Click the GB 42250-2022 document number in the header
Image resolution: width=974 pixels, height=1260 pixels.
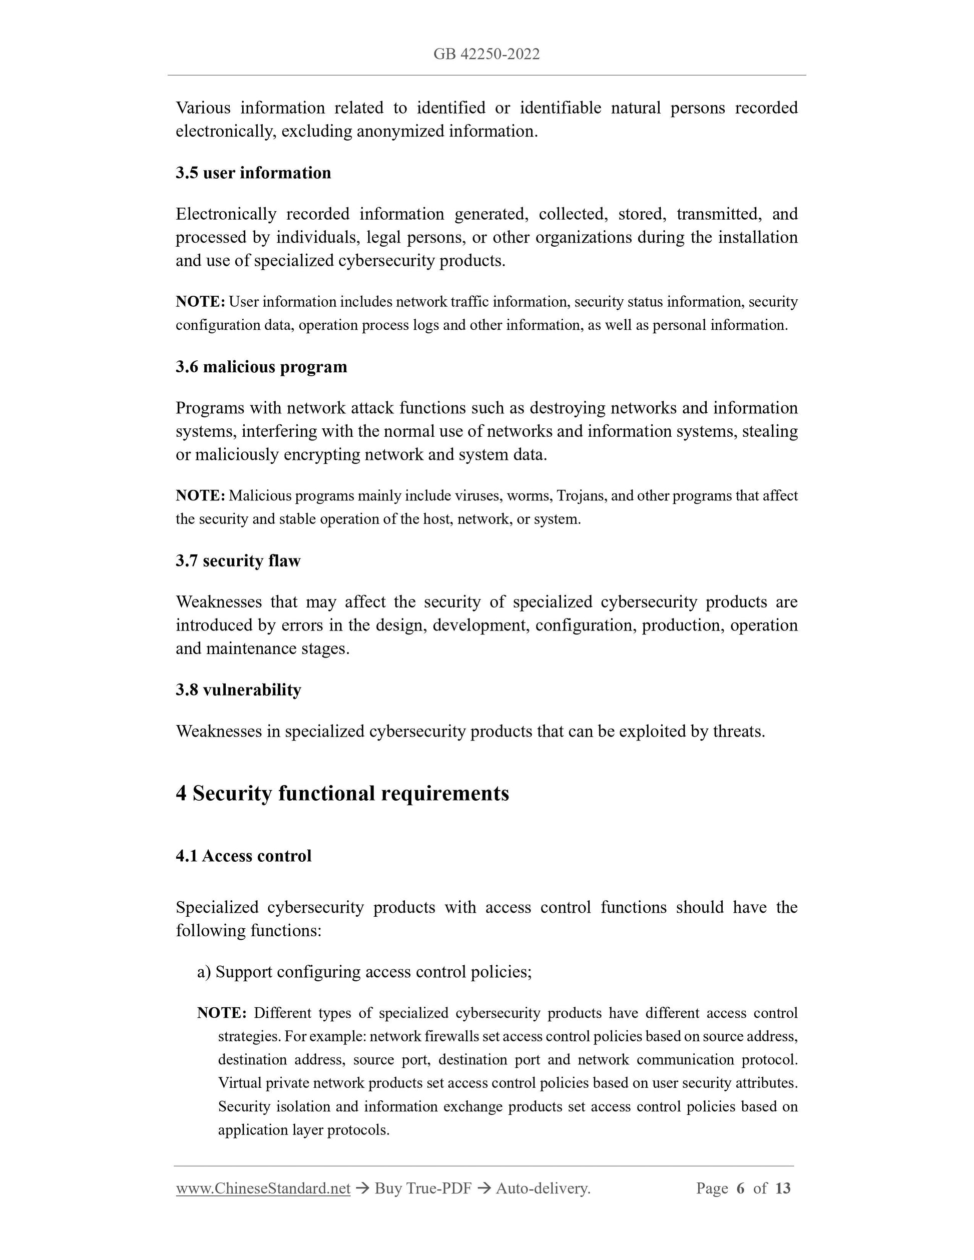tap(486, 54)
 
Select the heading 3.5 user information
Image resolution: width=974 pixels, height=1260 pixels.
tap(253, 173)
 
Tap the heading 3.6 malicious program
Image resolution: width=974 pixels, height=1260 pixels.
tap(261, 367)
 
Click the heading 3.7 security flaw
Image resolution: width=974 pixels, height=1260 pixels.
tap(238, 561)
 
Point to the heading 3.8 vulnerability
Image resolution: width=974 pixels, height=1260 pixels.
tap(238, 690)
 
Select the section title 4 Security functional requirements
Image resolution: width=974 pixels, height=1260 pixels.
tap(342, 793)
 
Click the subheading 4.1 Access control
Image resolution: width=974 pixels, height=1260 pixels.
tap(243, 856)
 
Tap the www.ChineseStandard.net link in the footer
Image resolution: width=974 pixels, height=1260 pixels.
tap(263, 1188)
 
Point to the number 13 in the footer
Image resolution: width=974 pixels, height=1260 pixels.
tap(782, 1188)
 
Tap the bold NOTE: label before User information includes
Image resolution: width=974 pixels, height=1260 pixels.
tap(200, 302)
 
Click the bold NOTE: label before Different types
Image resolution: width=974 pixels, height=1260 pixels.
tap(222, 1013)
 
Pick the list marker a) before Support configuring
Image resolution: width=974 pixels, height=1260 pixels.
tap(204, 972)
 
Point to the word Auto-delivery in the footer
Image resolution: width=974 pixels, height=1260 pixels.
tap(543, 1188)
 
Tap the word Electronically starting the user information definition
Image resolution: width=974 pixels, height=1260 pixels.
tap(226, 215)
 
